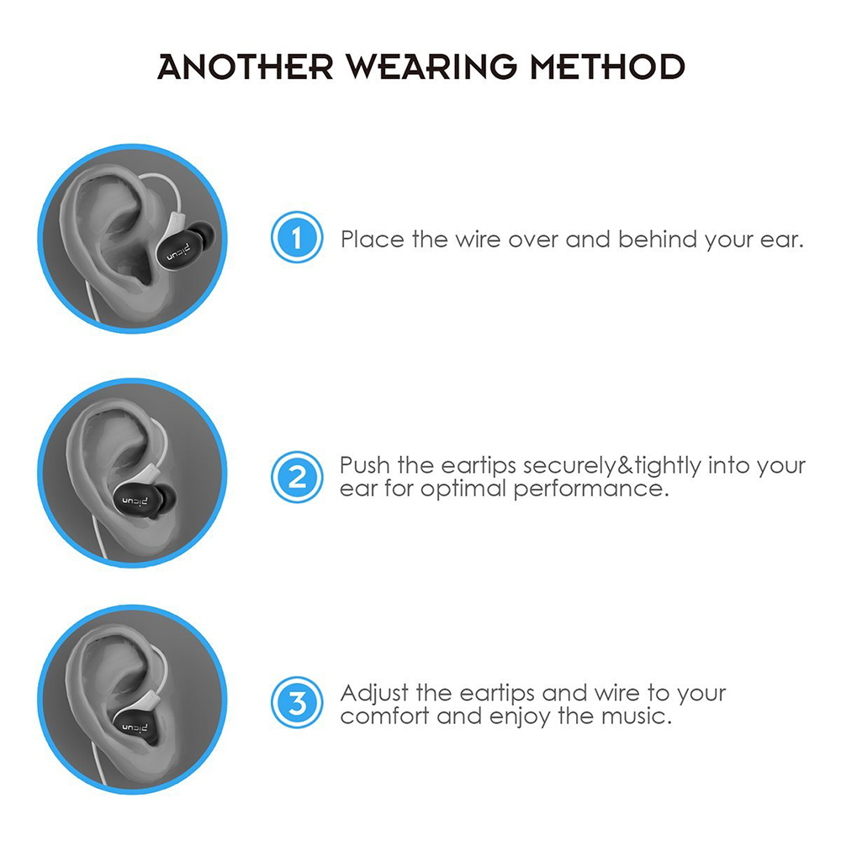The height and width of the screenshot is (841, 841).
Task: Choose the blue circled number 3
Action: pyautogui.click(x=296, y=703)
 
